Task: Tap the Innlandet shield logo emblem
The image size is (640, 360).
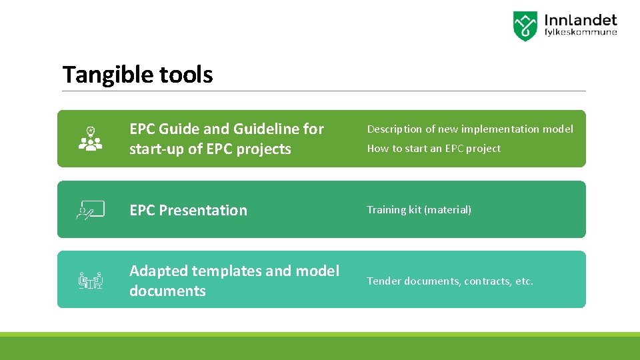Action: click(525, 26)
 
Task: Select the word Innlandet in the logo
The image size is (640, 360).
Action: click(581, 21)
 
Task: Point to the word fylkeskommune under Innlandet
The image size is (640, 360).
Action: click(581, 33)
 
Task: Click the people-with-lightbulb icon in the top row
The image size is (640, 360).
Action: click(91, 139)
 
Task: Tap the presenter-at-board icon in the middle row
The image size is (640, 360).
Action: click(91, 209)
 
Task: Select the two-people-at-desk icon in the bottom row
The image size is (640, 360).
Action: click(91, 281)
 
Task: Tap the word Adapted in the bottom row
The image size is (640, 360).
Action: click(158, 271)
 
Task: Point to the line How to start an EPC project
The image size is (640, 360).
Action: click(433, 149)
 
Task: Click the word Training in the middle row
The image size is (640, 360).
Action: click(386, 210)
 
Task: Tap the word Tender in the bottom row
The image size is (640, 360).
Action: click(383, 281)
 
